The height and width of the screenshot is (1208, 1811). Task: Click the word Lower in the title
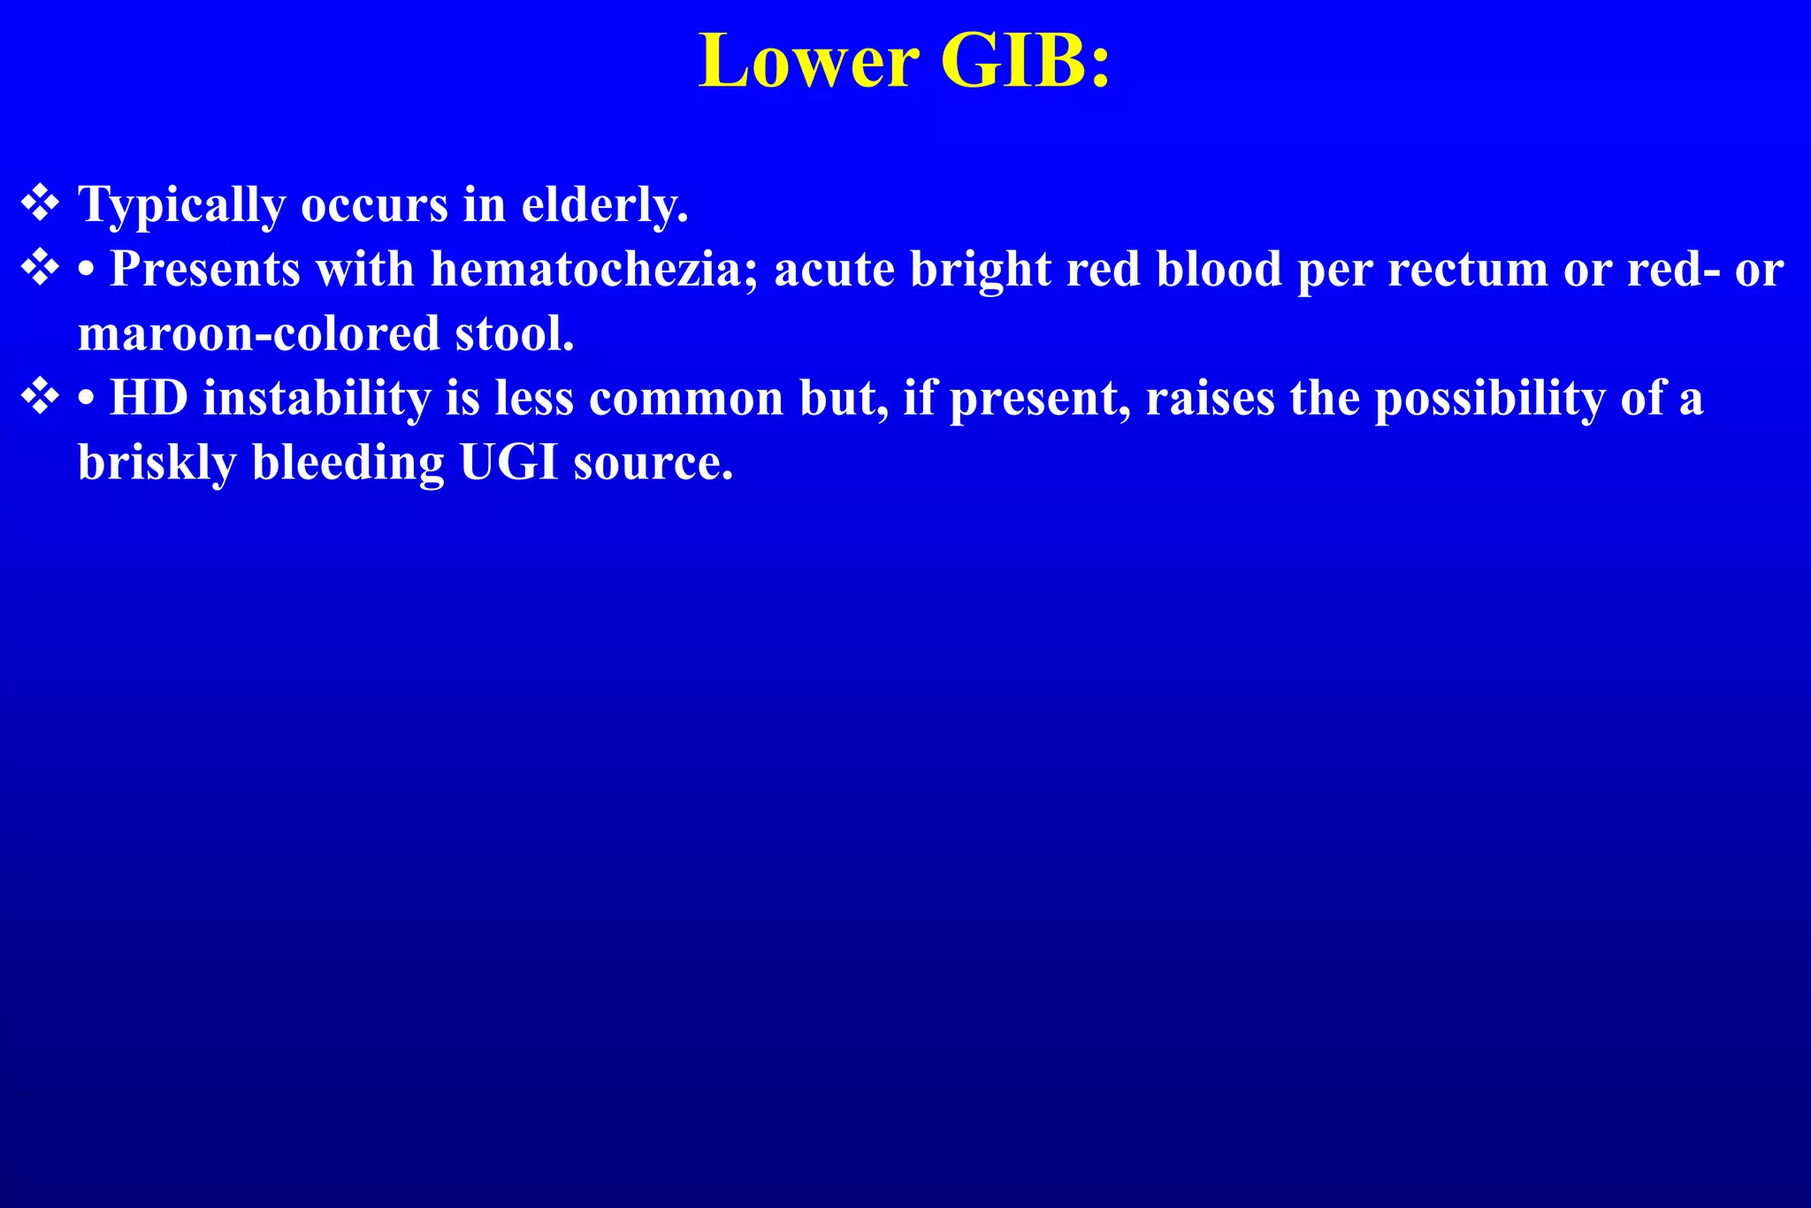808,62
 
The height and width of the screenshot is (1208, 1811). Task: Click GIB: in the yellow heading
1025,62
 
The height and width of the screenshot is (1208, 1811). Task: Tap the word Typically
181,206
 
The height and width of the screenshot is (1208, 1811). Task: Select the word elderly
604,204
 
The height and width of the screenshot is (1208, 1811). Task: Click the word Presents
204,269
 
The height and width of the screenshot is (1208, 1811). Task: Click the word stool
515,333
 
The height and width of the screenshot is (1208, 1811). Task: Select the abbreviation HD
149,398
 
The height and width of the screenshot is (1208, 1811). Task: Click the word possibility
1489,400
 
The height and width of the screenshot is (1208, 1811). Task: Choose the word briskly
157,463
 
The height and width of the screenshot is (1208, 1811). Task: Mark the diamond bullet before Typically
40,203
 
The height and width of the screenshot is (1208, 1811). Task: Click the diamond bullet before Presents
40,267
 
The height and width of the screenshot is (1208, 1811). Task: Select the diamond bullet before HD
40,396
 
